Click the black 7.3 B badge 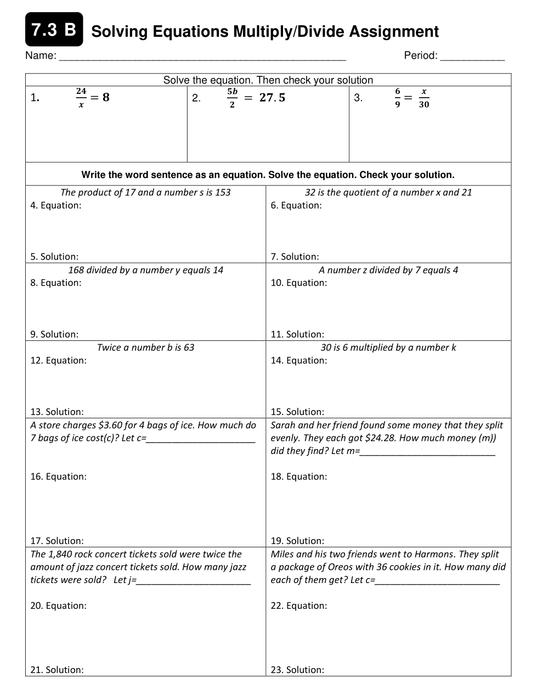tap(54, 30)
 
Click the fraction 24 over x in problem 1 tap(81, 97)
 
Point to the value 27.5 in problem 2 tap(272, 98)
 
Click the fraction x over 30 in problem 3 tap(423, 98)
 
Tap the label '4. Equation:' tap(56, 205)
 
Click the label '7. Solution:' tap(295, 256)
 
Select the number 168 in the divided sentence tap(76, 270)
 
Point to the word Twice tap(109, 347)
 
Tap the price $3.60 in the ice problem tap(110, 425)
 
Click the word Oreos tap(343, 567)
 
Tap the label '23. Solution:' tap(297, 670)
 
